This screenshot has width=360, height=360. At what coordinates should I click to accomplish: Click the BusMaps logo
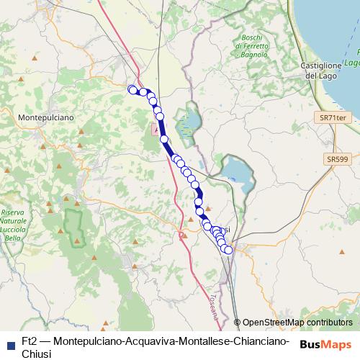(326, 344)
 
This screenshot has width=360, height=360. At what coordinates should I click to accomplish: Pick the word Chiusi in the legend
(37, 354)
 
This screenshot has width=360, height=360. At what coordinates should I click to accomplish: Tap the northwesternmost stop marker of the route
(132, 89)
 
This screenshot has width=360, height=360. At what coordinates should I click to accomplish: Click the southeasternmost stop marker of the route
(229, 250)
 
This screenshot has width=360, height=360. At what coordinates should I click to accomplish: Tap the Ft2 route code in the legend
(30, 341)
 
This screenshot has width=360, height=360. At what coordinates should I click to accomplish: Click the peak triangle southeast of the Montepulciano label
(83, 132)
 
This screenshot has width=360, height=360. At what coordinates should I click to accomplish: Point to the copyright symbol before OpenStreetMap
(237, 323)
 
